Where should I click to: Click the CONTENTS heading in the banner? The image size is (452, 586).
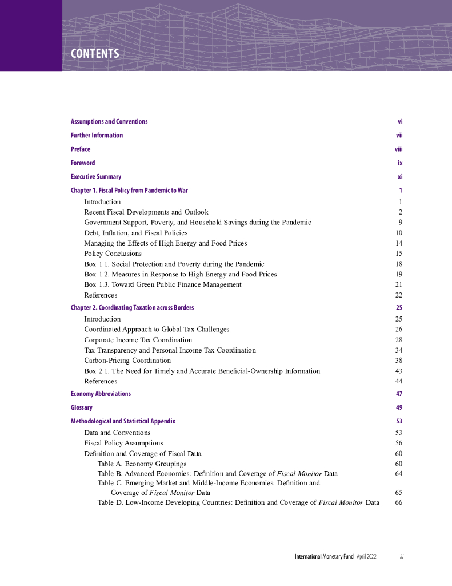point(95,54)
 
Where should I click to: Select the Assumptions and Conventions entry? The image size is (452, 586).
point(109,122)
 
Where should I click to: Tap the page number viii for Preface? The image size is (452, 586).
point(398,149)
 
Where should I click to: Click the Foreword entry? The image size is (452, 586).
point(83,163)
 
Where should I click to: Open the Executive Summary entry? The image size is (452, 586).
point(96,177)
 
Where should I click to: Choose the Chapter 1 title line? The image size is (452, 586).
point(129,191)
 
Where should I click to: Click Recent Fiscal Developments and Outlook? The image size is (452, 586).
point(146,212)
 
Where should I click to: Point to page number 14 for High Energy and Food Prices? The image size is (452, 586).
point(399,243)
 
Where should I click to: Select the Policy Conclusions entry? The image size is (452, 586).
point(113,254)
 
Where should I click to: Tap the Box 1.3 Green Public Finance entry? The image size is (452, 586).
point(163,284)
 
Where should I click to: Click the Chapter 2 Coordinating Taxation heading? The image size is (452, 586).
point(132,308)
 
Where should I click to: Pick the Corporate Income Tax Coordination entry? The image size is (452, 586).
point(138,340)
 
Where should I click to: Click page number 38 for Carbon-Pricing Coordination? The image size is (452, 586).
point(399,361)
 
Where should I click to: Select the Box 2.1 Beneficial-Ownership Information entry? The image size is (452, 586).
point(202,371)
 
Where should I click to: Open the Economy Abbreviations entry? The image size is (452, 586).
point(101,394)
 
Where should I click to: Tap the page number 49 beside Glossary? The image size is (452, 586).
point(399,408)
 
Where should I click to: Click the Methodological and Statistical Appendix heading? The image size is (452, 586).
point(123,422)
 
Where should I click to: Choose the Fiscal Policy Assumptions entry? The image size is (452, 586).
point(123,443)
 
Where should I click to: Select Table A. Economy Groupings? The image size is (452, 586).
point(142,464)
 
